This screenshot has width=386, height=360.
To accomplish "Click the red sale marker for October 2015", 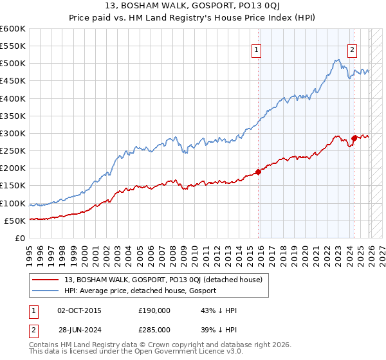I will click(259, 172).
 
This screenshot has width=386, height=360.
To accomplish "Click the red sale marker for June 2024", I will click(354, 138).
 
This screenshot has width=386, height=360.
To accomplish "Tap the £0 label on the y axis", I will click(19, 238).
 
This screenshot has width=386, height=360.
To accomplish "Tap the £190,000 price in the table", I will click(154, 310).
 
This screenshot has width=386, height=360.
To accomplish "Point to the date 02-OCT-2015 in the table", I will click(79, 310).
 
